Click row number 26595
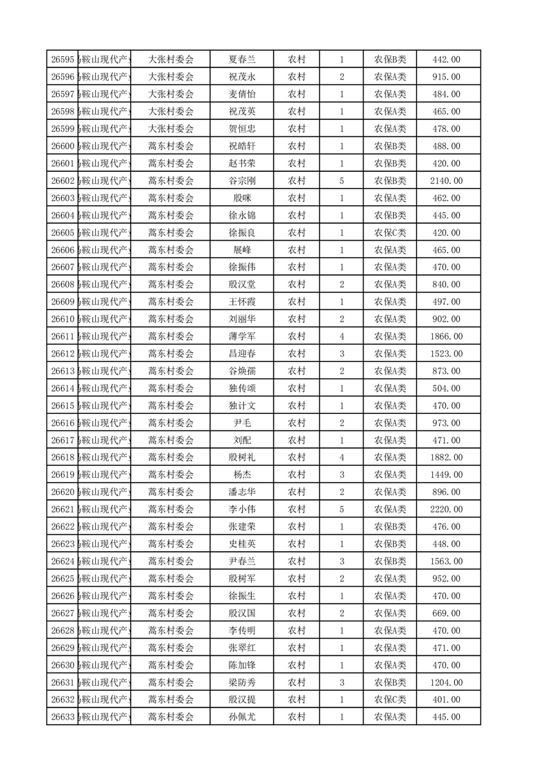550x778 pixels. tap(62, 60)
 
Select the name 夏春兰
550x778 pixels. tap(242, 60)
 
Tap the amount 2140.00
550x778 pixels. tap(446, 181)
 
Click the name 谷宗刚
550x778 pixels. tap(242, 181)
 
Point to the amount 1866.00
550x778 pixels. tap(446, 336)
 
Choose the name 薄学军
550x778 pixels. tap(242, 336)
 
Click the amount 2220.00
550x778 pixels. tap(446, 510)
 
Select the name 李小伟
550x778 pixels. tap(242, 510)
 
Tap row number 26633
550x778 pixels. tap(62, 717)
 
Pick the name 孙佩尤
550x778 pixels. tap(242, 717)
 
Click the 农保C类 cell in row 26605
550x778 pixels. tap(390, 233)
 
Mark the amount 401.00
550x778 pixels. tap(446, 700)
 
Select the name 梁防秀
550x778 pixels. tap(242, 682)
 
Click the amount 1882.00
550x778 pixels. tap(446, 458)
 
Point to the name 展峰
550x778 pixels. tap(242, 250)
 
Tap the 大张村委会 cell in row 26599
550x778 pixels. tap(171, 129)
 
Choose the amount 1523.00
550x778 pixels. tap(446, 354)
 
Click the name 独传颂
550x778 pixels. tap(242, 388)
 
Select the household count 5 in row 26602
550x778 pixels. tap(342, 181)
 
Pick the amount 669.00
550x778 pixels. tap(446, 613)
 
